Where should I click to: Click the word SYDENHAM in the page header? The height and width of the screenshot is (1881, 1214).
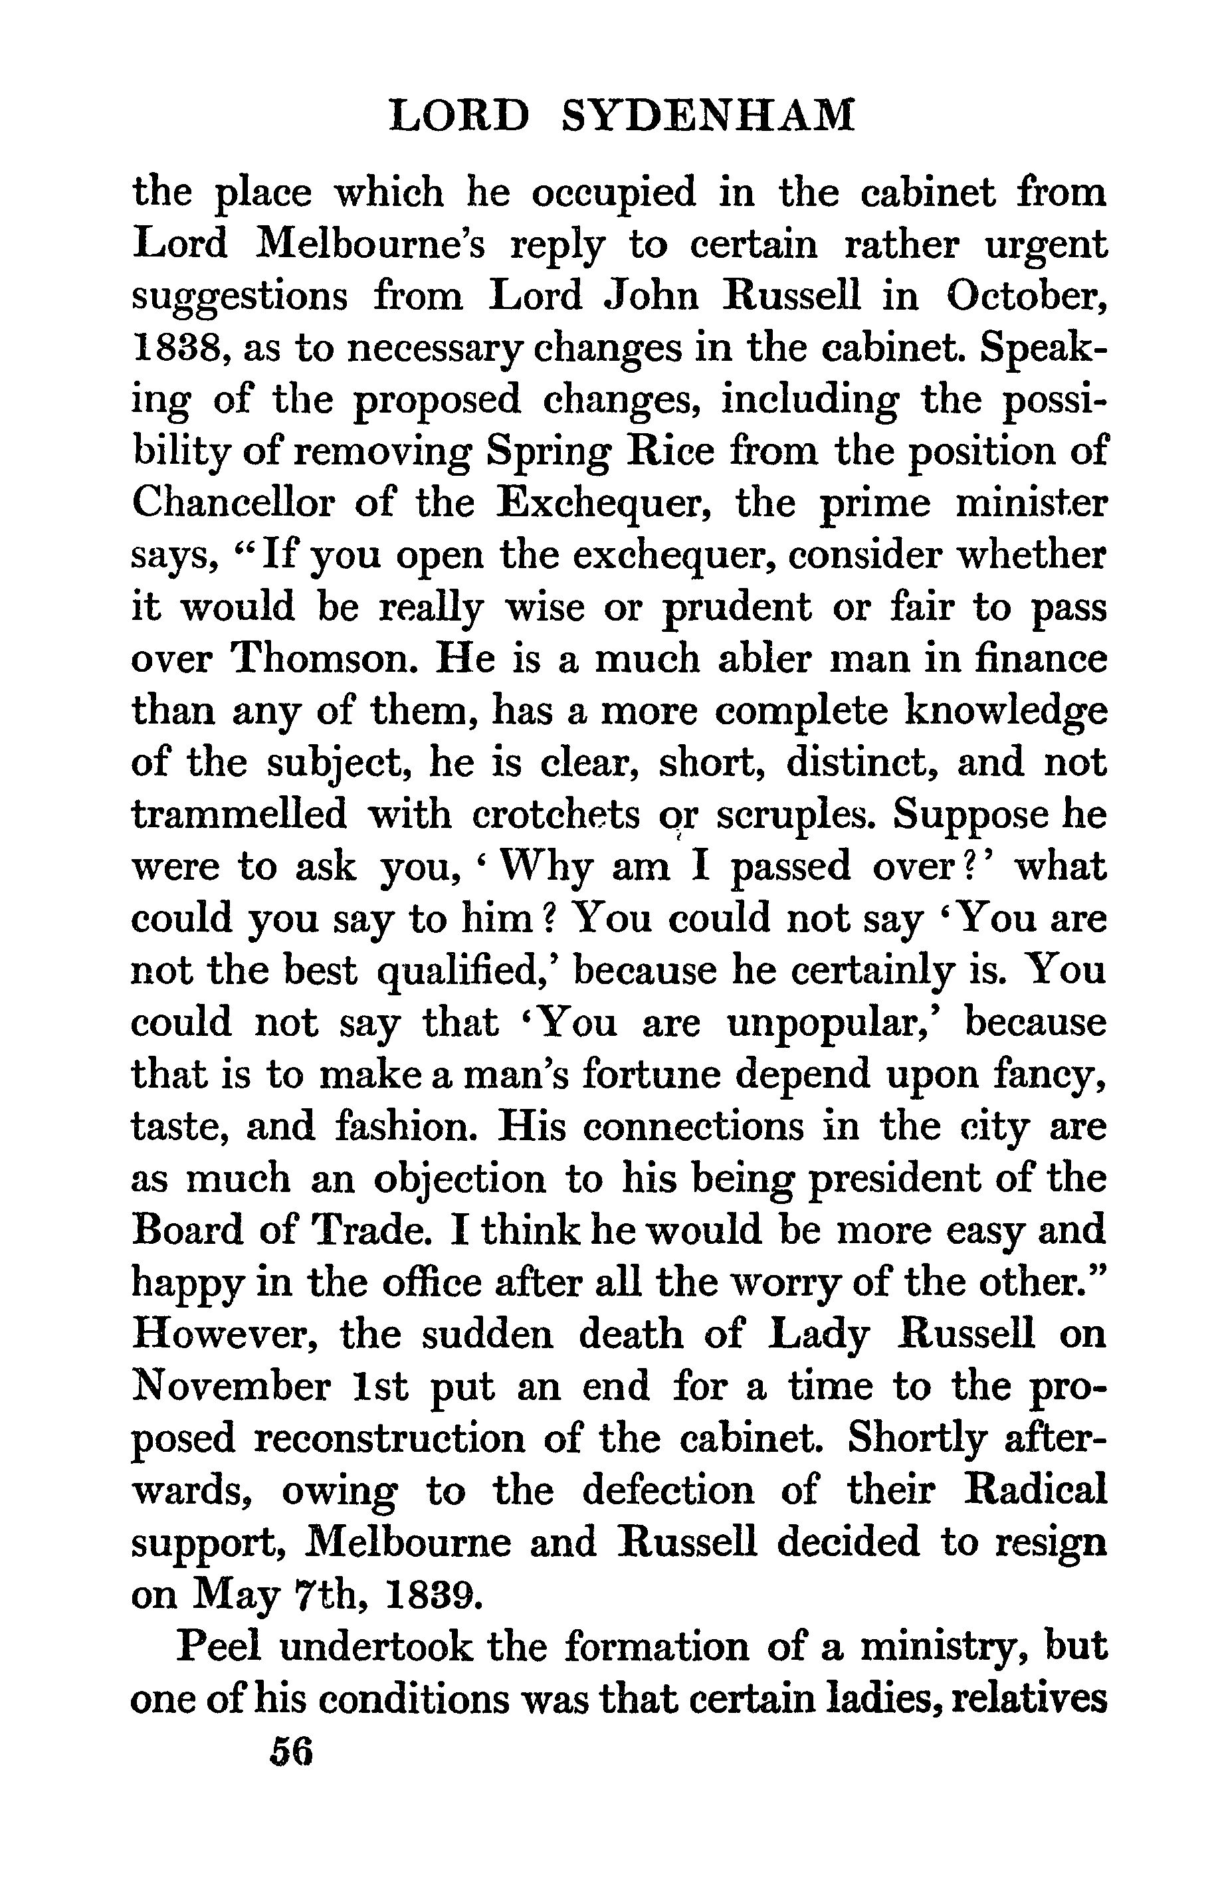tap(710, 115)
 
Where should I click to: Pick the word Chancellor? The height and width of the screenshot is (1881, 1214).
tap(233, 503)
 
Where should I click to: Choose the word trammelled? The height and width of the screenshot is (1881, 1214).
tap(239, 814)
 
